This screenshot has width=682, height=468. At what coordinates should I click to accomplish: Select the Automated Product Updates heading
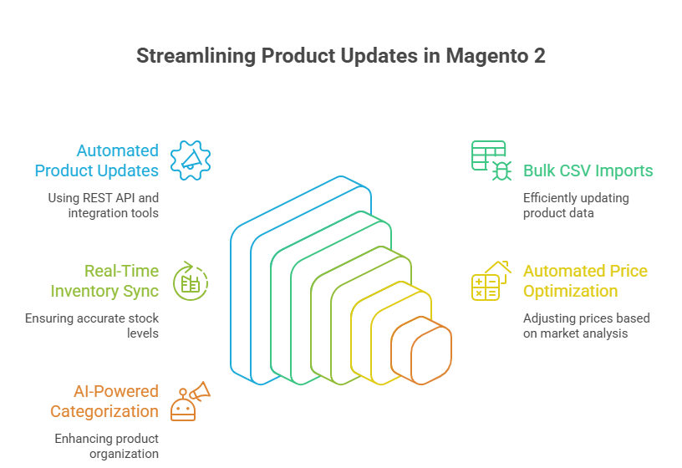[96, 160]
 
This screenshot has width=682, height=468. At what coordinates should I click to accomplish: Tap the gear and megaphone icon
[191, 160]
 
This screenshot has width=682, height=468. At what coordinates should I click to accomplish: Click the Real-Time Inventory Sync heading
[104, 281]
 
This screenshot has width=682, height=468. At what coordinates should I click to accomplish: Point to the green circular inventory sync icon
[191, 282]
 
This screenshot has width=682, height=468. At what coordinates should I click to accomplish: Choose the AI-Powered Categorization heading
[104, 401]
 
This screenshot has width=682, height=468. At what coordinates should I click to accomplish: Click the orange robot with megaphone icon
[190, 402]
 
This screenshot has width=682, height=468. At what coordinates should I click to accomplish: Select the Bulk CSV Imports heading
[588, 170]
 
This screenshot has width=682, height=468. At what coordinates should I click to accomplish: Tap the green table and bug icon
[491, 160]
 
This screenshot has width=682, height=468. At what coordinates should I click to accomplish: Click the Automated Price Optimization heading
[585, 281]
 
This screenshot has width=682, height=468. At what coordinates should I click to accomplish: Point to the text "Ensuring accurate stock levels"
[92, 326]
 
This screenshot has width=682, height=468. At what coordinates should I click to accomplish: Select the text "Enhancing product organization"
[107, 446]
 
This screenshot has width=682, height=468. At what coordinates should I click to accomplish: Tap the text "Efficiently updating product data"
[576, 206]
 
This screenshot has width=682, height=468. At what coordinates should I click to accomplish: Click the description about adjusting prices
[586, 326]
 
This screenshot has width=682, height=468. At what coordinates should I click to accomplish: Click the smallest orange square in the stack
[431, 354]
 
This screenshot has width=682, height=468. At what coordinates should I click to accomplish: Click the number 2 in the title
[540, 57]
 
